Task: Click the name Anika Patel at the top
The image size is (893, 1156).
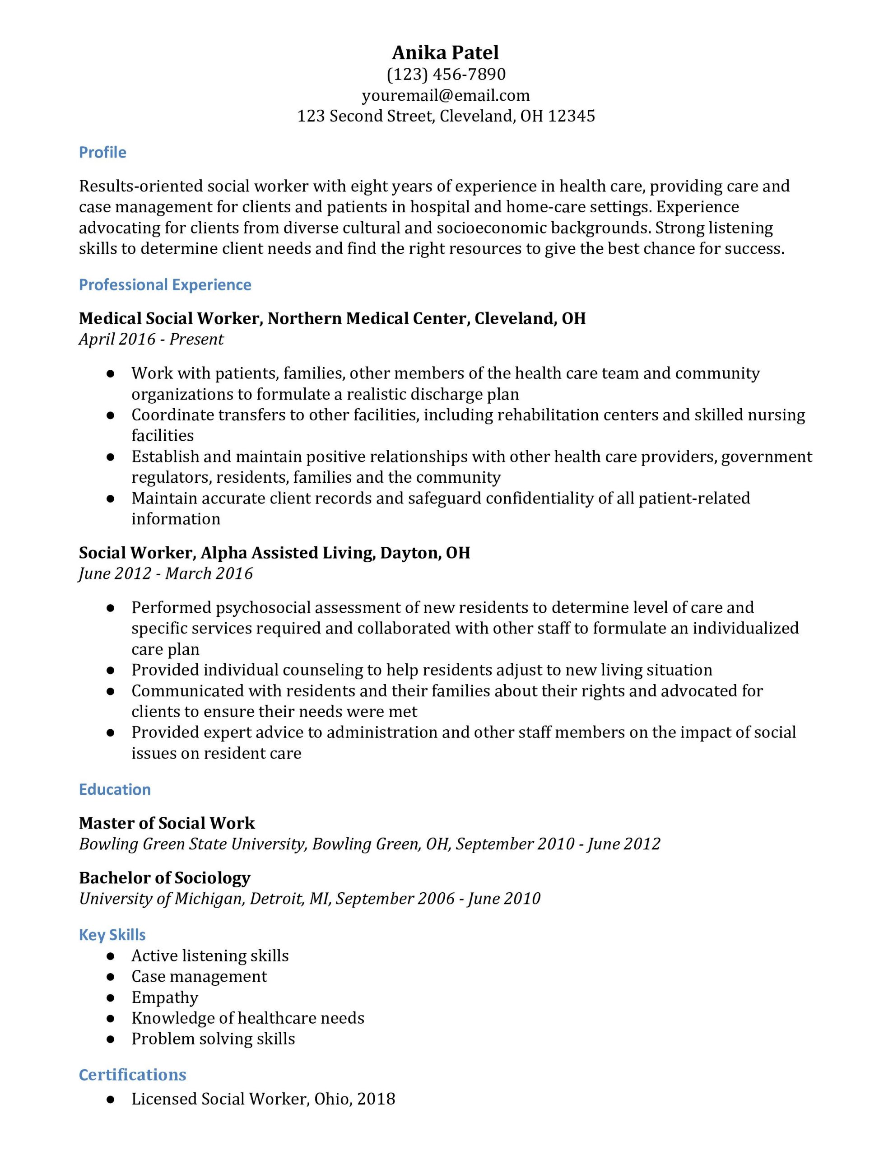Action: coord(445,52)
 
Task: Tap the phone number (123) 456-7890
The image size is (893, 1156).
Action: coord(446,74)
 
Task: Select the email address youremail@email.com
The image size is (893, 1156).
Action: coord(446,95)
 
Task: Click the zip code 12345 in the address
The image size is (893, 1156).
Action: coord(571,116)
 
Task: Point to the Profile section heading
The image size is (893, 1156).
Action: coord(102,153)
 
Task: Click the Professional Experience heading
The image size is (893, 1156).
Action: coord(165,285)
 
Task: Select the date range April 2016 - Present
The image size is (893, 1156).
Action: coord(151,339)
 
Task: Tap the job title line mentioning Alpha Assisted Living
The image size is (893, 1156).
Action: coord(274,553)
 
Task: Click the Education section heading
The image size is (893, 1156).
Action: coord(115,790)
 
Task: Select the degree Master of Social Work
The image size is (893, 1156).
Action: coord(167,823)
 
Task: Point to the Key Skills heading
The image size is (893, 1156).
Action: coord(112,935)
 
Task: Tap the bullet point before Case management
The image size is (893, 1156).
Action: coord(111,977)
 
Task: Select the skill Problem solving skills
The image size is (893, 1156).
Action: coord(213,1039)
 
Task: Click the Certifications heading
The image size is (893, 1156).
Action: coord(132,1075)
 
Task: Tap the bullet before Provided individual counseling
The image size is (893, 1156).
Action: coord(111,670)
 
